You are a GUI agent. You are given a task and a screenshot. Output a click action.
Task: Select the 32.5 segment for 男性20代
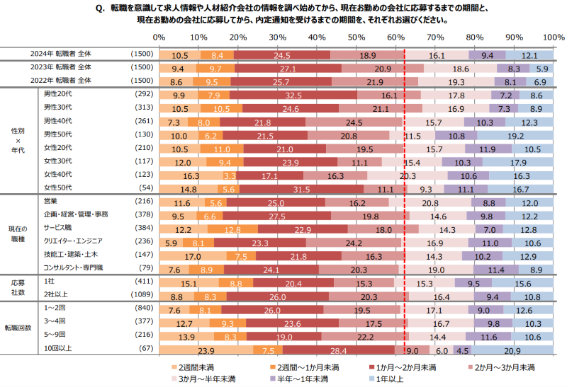coord(294,95)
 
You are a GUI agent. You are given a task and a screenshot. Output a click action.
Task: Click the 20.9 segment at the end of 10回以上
coord(512,350)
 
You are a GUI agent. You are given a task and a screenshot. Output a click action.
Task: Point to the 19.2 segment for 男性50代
coord(515,135)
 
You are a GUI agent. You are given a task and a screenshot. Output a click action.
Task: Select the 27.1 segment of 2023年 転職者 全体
coord(288,69)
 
